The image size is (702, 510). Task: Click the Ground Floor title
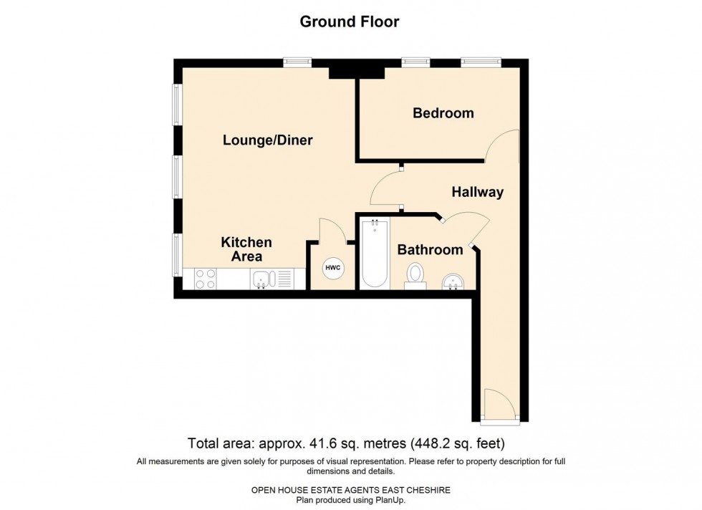(350, 21)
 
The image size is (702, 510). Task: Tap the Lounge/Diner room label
(267, 140)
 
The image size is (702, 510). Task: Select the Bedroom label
(443, 113)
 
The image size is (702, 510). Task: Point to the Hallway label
(477, 192)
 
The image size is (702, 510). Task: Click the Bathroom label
(431, 250)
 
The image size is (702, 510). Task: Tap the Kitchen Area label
(246, 249)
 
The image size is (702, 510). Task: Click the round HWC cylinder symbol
(333, 268)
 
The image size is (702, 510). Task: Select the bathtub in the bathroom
(375, 254)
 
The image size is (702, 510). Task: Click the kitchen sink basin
(260, 279)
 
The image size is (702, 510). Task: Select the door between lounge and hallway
(385, 188)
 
